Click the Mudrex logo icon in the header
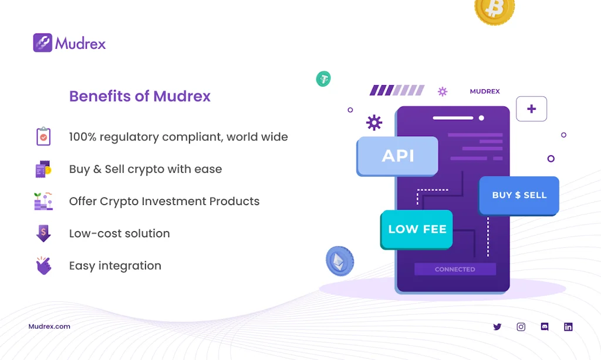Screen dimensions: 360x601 (43, 43)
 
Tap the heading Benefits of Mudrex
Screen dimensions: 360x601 (140, 96)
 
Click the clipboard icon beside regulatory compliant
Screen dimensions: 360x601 (43, 136)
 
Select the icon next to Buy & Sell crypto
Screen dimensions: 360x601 (43, 169)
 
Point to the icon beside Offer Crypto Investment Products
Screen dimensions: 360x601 (43, 201)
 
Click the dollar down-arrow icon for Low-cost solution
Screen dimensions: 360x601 (43, 233)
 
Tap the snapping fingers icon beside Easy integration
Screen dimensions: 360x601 (43, 265)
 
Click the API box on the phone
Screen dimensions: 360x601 (398, 156)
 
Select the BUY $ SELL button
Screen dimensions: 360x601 (519, 195)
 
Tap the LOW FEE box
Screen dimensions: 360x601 (417, 229)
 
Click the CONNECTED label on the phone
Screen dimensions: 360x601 (455, 269)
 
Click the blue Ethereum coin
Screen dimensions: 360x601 (340, 261)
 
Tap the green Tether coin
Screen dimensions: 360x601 (323, 79)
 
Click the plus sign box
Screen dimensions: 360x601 (531, 109)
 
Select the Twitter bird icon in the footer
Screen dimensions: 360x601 (497, 327)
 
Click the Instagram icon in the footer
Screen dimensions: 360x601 (521, 327)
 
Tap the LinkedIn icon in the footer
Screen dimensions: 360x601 (568, 327)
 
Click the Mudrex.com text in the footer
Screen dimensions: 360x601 (49, 327)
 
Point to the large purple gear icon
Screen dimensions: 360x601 (374, 122)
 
